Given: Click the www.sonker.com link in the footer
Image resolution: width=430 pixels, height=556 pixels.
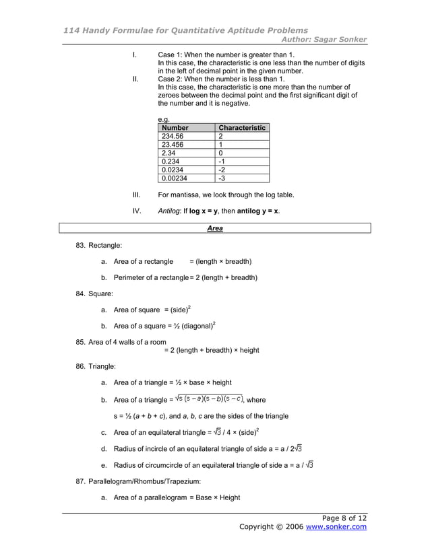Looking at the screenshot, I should click(x=336, y=526).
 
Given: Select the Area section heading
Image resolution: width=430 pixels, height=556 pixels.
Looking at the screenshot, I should click(x=215, y=229).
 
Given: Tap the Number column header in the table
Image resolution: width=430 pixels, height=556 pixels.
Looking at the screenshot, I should click(x=175, y=127).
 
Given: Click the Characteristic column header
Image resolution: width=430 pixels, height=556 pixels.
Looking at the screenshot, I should click(x=243, y=127).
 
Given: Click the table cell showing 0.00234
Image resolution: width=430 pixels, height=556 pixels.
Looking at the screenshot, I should click(x=175, y=178).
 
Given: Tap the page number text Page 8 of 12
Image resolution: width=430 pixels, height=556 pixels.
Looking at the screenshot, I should click(x=344, y=518).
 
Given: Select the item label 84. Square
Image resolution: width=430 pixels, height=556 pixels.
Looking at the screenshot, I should click(x=94, y=293).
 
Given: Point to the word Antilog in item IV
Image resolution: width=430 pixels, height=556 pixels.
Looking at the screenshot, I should click(x=169, y=211).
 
